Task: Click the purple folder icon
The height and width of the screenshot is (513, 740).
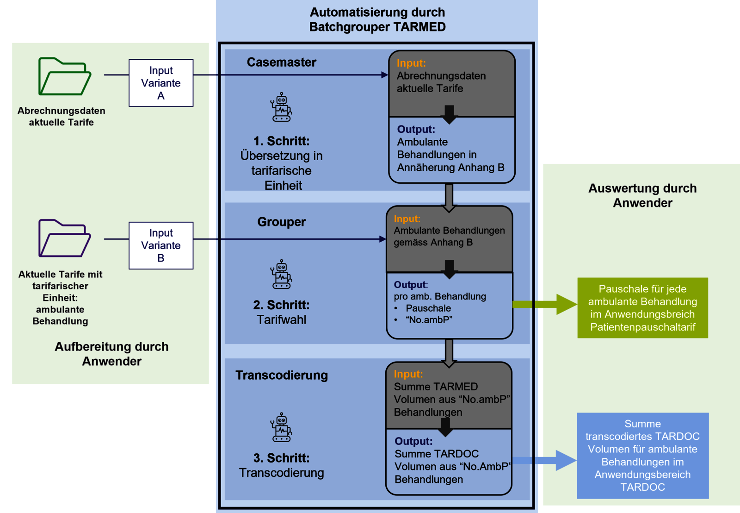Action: point(64,238)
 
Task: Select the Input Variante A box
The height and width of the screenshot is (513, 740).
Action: point(161,83)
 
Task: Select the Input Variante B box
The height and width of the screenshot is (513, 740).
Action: point(161,245)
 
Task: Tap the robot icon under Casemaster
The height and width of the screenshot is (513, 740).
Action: point(281,107)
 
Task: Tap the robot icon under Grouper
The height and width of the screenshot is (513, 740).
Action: point(281,275)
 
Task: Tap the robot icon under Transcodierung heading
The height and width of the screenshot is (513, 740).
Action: point(281,427)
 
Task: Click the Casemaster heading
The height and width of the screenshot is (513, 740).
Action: point(281,63)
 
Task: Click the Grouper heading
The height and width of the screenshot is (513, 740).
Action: point(281,222)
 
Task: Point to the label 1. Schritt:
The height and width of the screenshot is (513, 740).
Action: point(281,141)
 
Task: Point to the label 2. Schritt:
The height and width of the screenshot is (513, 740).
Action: point(281,305)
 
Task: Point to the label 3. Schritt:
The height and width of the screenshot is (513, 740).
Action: point(281,458)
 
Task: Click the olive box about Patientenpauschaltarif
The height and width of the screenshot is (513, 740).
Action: point(642,308)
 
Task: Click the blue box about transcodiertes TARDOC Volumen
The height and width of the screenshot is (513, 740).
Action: point(642,456)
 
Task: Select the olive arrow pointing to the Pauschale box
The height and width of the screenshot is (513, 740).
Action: point(546,304)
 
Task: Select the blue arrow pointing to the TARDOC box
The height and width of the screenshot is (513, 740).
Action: point(546,460)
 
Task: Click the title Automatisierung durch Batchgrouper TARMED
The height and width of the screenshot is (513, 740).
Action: point(377,19)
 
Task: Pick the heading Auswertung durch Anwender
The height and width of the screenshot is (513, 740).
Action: point(642,196)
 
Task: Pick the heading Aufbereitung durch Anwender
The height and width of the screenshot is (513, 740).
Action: point(111,354)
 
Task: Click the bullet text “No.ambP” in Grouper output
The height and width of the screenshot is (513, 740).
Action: point(429,320)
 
